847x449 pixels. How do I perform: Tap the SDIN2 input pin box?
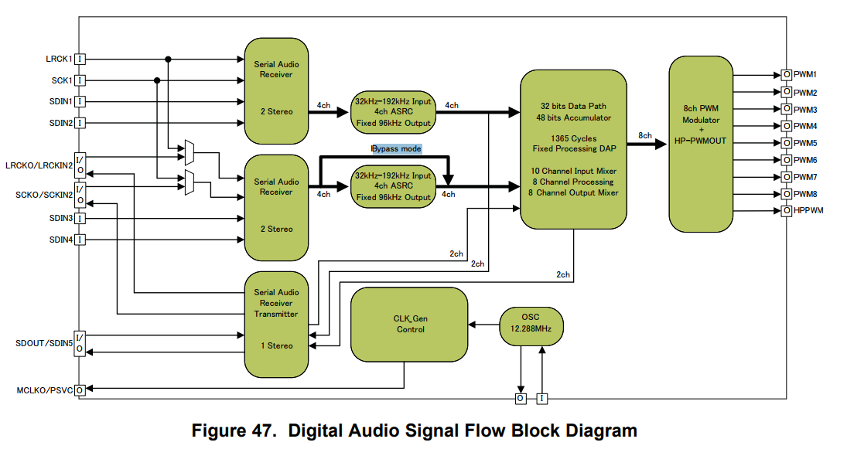click(x=80, y=122)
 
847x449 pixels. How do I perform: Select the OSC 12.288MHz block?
click(x=531, y=324)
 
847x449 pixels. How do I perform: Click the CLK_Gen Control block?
click(x=409, y=324)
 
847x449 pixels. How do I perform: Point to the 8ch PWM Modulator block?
click(x=701, y=144)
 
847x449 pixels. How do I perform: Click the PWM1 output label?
click(x=805, y=75)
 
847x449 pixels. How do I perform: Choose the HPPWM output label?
click(x=808, y=210)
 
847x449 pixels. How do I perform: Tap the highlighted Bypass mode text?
click(x=396, y=148)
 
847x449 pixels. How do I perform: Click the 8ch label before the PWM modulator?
click(x=644, y=135)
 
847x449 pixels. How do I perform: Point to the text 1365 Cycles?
click(x=572, y=138)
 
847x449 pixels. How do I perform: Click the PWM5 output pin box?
click(x=786, y=143)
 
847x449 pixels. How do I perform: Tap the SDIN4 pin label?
click(x=61, y=239)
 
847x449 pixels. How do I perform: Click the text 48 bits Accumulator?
click(x=572, y=117)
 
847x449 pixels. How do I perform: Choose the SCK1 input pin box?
click(x=80, y=80)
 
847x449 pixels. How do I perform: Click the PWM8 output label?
click(x=805, y=194)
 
